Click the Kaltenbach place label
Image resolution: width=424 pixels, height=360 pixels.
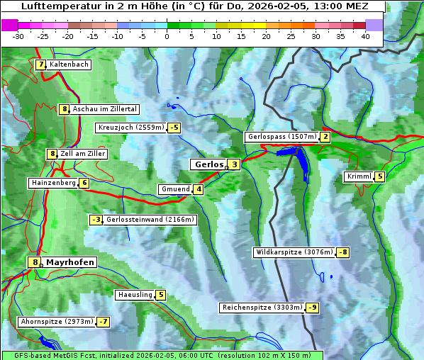coord(69,64)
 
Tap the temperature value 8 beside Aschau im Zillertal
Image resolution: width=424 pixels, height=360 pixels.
coord(64,109)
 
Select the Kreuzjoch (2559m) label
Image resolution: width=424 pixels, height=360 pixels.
coord(130,128)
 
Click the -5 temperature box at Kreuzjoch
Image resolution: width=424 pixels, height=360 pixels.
coord(174,128)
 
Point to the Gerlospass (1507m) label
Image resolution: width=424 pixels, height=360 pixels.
coord(281,137)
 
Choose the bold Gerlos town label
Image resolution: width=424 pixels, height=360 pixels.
coord(208,164)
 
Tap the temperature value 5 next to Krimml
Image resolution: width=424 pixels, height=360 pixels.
coord(380,176)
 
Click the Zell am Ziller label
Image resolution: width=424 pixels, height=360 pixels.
coord(83,154)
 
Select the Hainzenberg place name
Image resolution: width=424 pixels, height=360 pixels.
coord(52,183)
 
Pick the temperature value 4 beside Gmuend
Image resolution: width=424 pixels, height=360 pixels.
coord(199,189)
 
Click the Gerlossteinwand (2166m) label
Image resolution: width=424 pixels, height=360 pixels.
coord(150,220)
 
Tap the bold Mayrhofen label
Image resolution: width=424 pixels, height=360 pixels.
coord(70,262)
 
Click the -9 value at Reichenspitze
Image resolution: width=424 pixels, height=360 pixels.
coord(312,308)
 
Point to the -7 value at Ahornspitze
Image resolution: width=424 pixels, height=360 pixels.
coord(104,322)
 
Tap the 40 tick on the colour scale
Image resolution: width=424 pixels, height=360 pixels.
coord(365,36)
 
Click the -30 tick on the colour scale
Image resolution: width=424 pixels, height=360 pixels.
coord(18,36)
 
